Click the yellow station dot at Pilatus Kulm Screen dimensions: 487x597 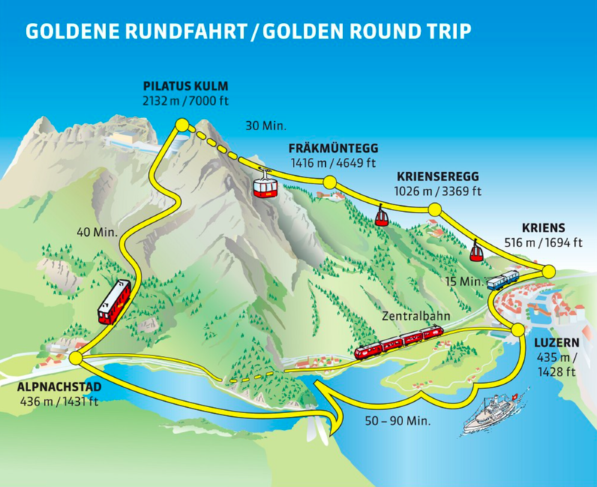(181, 125)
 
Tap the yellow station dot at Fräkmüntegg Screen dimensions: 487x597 (329, 182)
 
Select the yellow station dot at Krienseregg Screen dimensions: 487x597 (433, 209)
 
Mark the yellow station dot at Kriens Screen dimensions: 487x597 (548, 271)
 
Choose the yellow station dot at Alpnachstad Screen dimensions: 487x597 (75, 359)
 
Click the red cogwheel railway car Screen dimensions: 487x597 (114, 302)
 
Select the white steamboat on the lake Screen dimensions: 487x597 (496, 411)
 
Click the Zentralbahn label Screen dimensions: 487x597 (416, 316)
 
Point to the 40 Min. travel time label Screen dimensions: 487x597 (97, 232)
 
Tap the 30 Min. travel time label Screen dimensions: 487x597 (266, 125)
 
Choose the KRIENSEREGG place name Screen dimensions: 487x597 (439, 176)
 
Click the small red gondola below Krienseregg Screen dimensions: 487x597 (382, 217)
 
